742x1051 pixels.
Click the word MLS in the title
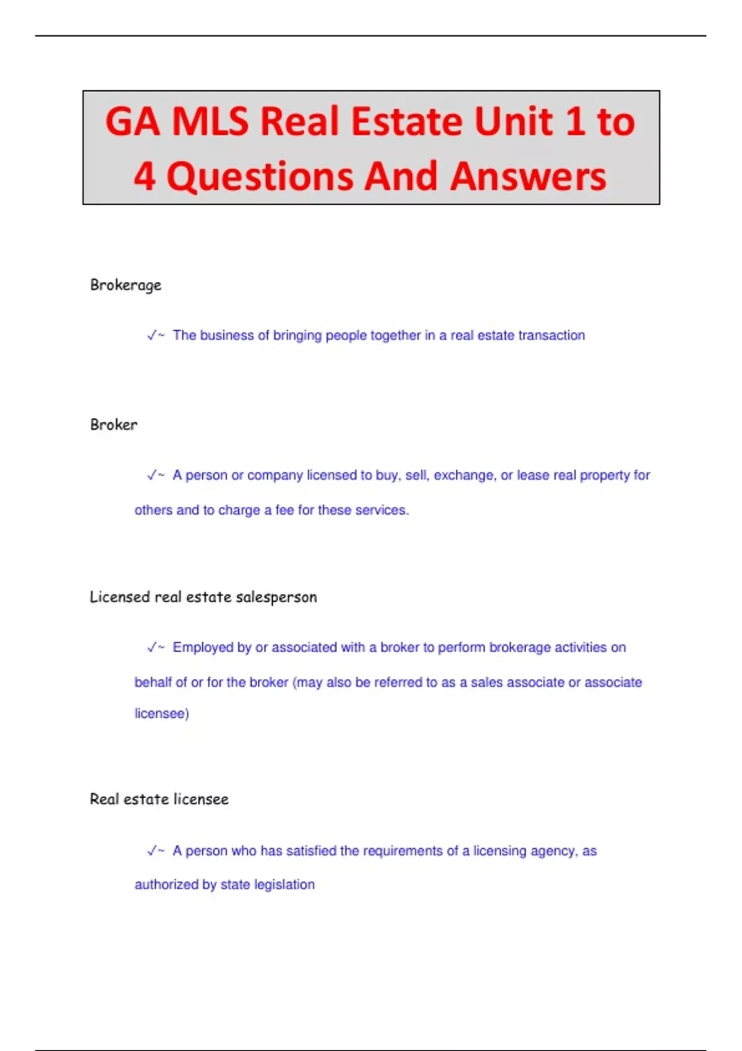(210, 121)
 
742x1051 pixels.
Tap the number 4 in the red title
(144, 177)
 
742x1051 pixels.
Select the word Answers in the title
(528, 177)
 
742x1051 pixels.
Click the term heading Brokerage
(126, 285)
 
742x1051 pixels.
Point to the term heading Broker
(114, 425)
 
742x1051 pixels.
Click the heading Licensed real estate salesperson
(203, 597)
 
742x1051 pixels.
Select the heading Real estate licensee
(159, 799)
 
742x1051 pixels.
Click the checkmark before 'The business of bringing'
(151, 335)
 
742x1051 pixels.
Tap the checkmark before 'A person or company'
(151, 475)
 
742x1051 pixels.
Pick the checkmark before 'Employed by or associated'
(151, 647)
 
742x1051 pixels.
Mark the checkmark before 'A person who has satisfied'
(151, 851)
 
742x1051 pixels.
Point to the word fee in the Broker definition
(284, 510)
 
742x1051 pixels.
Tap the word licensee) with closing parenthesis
(162, 713)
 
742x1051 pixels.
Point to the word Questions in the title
(260, 177)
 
